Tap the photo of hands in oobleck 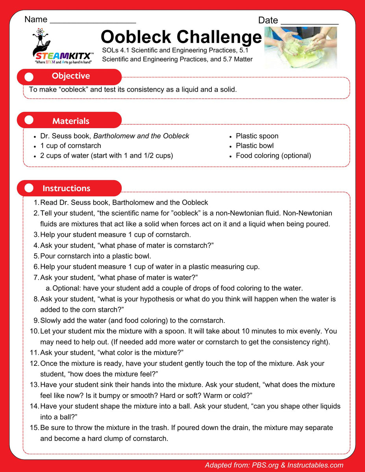300,48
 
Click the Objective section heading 71,76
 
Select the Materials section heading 71,121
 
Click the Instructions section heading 66,188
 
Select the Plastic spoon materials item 257,136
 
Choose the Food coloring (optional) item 273,155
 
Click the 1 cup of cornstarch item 70,146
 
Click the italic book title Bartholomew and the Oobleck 141,136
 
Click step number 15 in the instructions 34,428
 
